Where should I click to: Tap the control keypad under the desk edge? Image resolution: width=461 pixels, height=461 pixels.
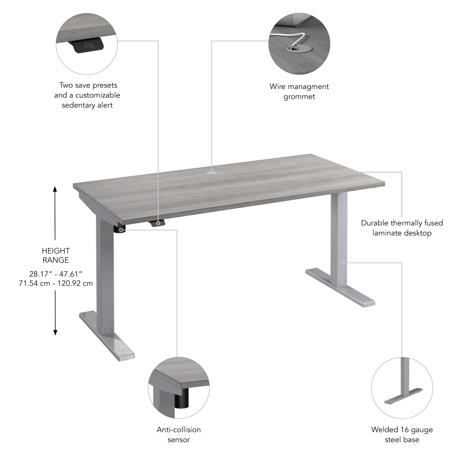tap(157, 223)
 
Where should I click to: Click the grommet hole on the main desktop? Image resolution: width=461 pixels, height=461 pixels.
tap(212, 172)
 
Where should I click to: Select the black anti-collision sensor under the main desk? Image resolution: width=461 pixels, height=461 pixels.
tap(120, 229)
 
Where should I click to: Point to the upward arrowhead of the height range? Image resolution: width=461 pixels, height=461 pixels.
tap(55, 189)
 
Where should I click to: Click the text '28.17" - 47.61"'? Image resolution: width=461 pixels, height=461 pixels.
tap(55, 274)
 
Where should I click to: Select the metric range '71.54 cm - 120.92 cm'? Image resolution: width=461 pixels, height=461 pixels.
tap(55, 283)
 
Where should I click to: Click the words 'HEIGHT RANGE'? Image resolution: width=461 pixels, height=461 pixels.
tap(55, 255)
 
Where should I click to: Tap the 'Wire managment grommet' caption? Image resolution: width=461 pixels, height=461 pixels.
tap(299, 91)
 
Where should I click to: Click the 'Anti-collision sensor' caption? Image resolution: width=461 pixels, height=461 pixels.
tap(179, 434)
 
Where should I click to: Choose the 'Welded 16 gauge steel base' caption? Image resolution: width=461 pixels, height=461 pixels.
tap(402, 434)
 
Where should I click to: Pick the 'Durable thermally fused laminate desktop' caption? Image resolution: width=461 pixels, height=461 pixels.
tap(402, 228)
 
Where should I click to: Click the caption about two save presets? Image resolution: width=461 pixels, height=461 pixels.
tap(87, 95)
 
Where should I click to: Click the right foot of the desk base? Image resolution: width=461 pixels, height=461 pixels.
tap(341, 288)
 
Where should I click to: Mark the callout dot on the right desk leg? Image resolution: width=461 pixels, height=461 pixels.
tap(343, 263)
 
